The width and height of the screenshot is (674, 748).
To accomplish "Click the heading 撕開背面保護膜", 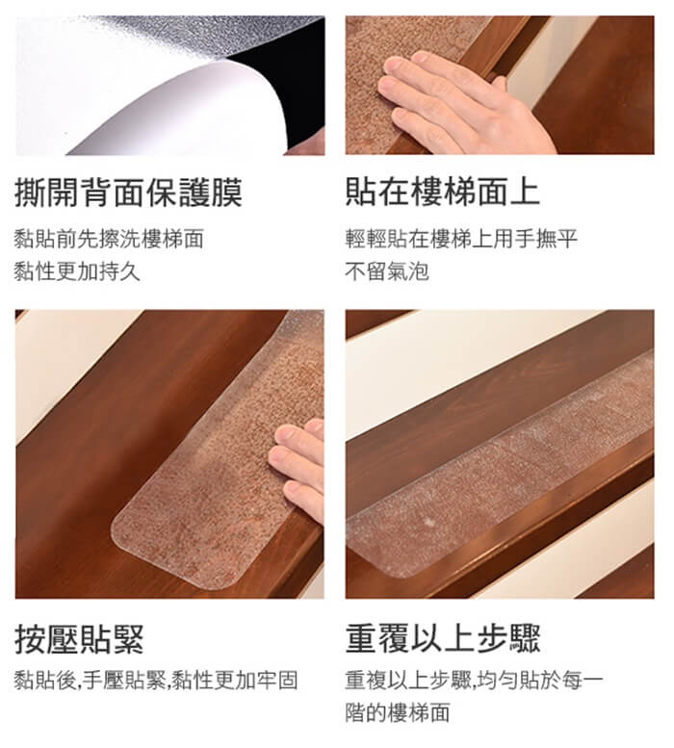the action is click(x=128, y=193).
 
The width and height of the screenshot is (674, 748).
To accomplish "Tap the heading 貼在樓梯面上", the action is click(x=443, y=192).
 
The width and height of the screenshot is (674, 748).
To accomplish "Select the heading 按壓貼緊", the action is click(x=79, y=639).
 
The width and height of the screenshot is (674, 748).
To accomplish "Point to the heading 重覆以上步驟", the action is click(x=443, y=638).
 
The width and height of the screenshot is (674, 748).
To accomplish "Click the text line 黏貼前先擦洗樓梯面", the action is click(x=109, y=239).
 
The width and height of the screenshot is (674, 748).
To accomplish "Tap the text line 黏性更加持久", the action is click(x=77, y=271).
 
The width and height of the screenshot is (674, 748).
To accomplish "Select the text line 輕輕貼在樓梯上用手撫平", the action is click(x=461, y=239).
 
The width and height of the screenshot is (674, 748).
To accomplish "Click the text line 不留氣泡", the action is click(x=387, y=271).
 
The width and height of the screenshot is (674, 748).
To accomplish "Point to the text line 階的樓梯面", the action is click(x=398, y=712).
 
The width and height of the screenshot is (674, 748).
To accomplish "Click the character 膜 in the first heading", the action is click(x=226, y=193).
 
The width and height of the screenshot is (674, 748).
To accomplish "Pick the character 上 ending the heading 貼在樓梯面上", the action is click(x=525, y=192).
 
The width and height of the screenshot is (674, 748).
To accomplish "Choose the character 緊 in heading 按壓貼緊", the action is click(x=128, y=639).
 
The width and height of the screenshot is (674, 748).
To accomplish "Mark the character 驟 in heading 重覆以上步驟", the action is click(x=525, y=638).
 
